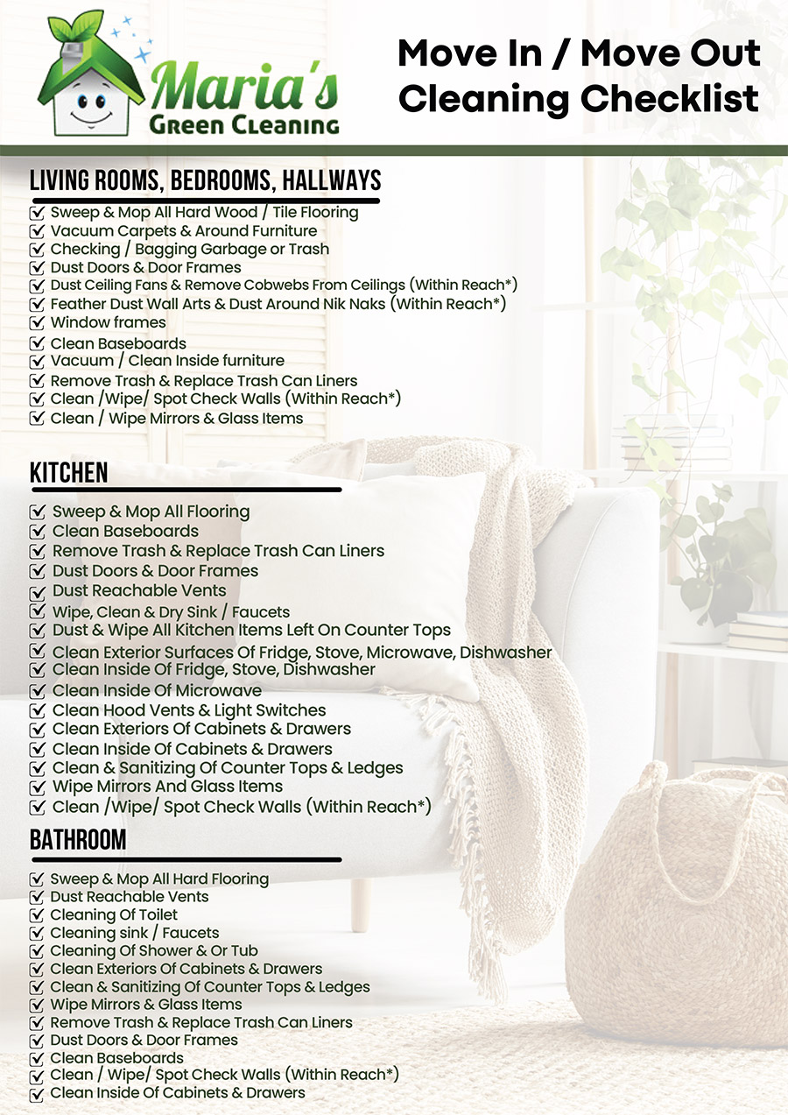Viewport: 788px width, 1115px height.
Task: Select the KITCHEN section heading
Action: pyautogui.click(x=69, y=472)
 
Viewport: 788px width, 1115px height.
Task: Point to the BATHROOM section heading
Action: pyautogui.click(x=78, y=839)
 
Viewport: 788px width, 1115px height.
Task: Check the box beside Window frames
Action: pyautogui.click(x=37, y=323)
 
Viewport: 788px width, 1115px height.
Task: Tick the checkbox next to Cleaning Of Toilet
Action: pyautogui.click(x=37, y=915)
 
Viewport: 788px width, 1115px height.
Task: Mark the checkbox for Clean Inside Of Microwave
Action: pyautogui.click(x=38, y=691)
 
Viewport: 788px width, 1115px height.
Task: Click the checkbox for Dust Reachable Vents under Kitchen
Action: pyautogui.click(x=38, y=591)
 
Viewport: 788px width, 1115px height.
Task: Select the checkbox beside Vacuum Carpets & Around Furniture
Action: pyautogui.click(x=37, y=231)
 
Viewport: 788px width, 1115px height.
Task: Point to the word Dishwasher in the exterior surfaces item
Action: pyautogui.click(x=505, y=653)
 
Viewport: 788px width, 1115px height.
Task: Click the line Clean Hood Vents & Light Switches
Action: pyautogui.click(x=189, y=710)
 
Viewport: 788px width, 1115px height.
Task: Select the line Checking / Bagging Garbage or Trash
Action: pyautogui.click(x=189, y=249)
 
